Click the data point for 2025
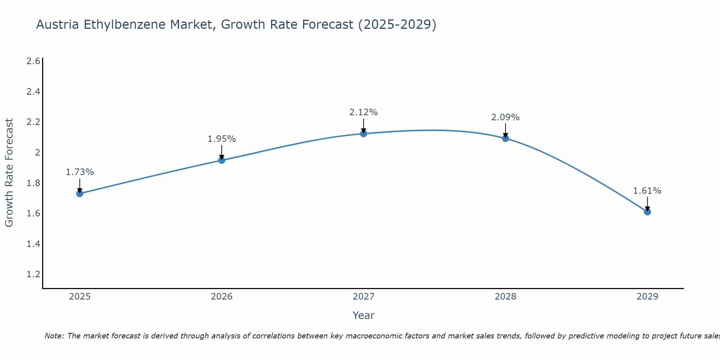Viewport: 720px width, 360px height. (80, 194)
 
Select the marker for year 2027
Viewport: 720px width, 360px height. (364, 134)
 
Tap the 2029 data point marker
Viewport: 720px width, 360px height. (647, 212)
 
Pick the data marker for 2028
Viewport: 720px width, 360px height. (505, 139)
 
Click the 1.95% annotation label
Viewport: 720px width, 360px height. (222, 139)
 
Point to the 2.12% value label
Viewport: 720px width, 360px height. (364, 112)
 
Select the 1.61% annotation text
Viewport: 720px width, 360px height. (647, 191)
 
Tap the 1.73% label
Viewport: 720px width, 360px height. (80, 172)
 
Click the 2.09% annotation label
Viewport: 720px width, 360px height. (505, 117)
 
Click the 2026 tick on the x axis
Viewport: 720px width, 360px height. (222, 297)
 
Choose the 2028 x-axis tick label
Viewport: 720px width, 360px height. (505, 297)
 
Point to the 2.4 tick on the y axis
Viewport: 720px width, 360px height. (33, 92)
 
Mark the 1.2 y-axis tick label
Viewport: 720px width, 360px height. (33, 274)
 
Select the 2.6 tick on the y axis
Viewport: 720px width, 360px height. (33, 61)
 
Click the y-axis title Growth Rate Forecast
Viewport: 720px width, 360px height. (9, 173)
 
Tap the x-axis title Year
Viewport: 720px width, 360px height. (364, 315)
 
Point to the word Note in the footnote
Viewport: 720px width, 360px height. (54, 336)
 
